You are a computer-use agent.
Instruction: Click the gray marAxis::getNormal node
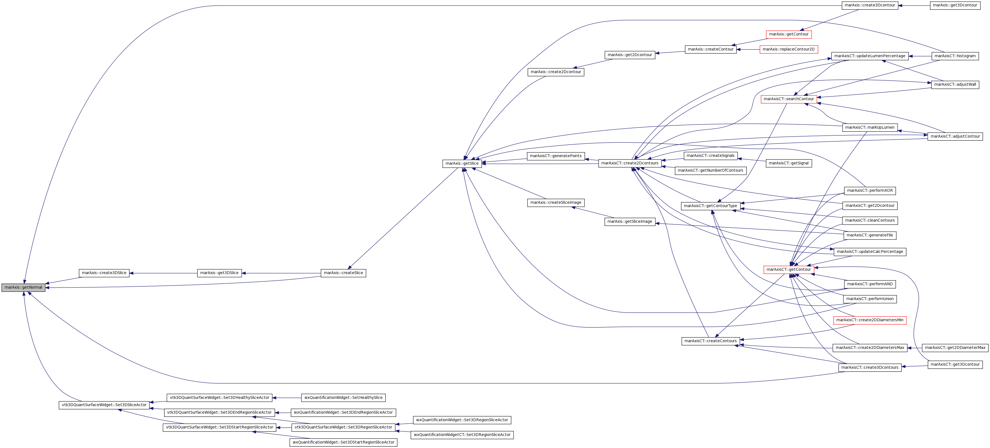(23, 288)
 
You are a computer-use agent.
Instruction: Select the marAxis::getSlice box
(462, 164)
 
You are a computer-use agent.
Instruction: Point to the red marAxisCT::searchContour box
(788, 99)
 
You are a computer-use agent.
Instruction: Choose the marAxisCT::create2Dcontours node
(630, 164)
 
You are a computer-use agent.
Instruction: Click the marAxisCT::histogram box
(955, 56)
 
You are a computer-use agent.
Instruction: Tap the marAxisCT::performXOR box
(870, 191)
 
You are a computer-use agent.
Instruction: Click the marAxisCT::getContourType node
(711, 206)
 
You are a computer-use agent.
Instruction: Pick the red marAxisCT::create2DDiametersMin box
(870, 320)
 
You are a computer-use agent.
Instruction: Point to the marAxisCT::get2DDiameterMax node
(955, 348)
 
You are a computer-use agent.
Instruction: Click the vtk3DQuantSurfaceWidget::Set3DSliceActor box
(104, 405)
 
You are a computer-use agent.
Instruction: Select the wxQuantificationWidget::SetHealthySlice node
(344, 398)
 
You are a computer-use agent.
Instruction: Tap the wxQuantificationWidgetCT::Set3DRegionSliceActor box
(462, 435)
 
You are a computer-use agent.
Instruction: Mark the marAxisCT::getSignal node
(788, 164)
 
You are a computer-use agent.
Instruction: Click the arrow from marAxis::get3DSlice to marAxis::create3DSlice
(163, 273)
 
